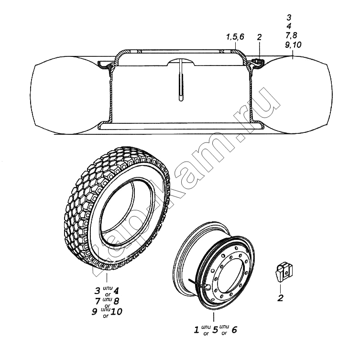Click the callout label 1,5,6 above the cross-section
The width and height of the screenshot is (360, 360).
(235, 37)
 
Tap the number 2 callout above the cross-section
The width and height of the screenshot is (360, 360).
(259, 37)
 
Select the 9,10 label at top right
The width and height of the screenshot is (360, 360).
(293, 44)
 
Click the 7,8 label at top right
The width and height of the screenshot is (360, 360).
(292, 35)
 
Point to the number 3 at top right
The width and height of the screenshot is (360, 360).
(289, 17)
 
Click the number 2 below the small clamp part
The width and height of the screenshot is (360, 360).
(280, 298)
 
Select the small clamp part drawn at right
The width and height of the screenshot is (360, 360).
(284, 273)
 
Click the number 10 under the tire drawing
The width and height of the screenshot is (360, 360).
(116, 312)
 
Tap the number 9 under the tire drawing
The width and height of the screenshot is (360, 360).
(94, 312)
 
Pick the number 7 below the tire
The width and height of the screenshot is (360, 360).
(98, 301)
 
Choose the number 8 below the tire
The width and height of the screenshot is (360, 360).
(116, 301)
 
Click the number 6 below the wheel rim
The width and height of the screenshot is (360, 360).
(234, 330)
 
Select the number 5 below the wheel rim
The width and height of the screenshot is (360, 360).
(215, 330)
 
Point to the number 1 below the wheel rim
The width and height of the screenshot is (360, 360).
(196, 330)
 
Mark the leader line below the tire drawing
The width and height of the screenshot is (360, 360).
(107, 277)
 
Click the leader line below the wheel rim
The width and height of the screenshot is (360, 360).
(214, 317)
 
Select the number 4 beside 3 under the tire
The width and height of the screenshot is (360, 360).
(116, 291)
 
